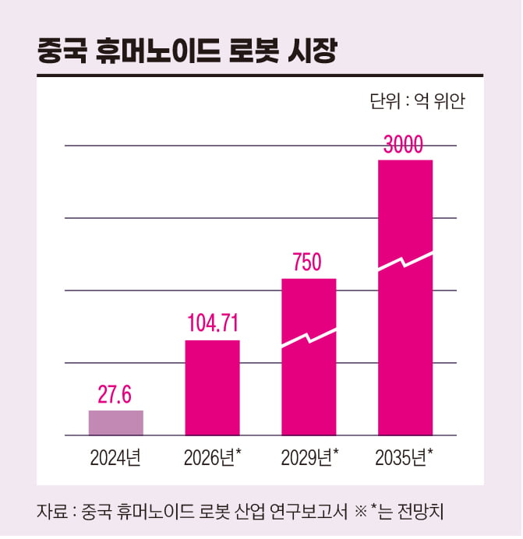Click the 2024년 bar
[115, 422]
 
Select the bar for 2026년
[212, 387]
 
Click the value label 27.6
[115, 394]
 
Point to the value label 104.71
[212, 323]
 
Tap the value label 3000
[405, 146]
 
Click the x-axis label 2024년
[115, 456]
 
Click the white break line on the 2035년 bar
[405, 261]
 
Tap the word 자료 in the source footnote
[50, 512]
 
